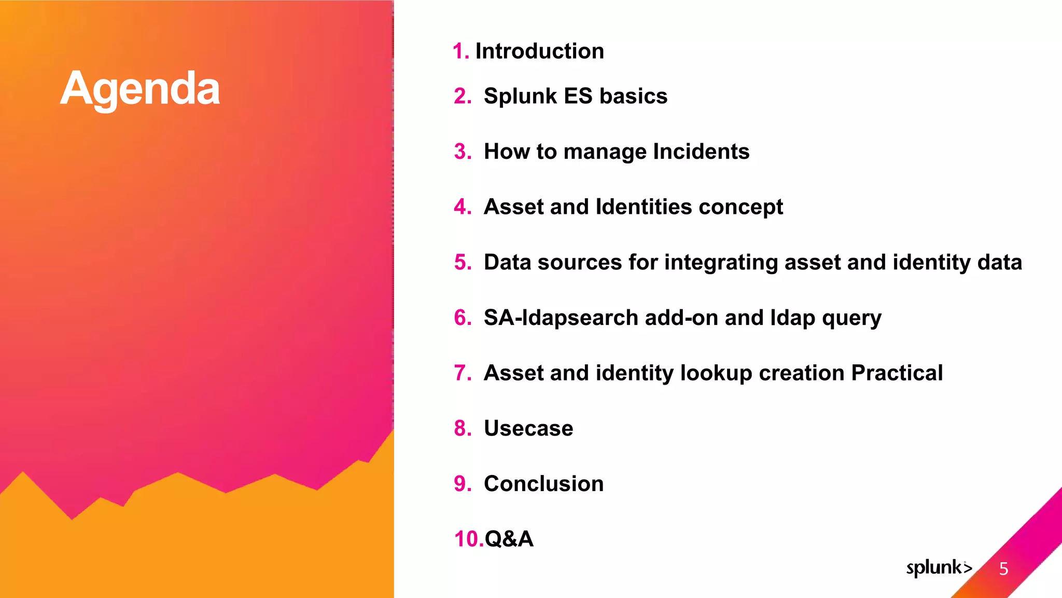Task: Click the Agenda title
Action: coord(140,89)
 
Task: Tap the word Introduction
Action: coord(539,51)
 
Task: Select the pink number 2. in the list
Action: coord(463,97)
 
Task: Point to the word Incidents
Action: coord(701,152)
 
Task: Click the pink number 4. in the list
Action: coord(463,207)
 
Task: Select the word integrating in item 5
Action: coord(721,263)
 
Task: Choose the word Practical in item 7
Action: coord(897,373)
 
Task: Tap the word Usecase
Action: coord(528,429)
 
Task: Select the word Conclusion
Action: coord(543,484)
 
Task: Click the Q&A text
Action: coord(509,539)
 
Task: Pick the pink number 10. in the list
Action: coord(468,539)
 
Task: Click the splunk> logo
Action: coord(939,568)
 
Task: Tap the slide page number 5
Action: coord(1003,569)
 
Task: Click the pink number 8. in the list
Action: coord(463,429)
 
